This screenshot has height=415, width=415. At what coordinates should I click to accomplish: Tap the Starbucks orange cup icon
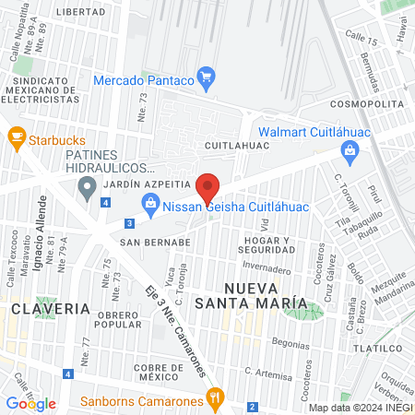point(16,139)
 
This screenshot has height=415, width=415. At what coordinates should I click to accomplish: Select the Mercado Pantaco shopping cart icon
point(207,80)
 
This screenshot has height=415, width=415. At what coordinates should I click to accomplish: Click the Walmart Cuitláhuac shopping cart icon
point(349,150)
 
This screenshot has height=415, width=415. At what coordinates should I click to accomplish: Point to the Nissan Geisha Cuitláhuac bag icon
point(148,203)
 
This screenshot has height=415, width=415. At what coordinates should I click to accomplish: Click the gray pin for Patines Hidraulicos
point(88,190)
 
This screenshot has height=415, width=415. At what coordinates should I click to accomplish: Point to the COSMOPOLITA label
point(367,104)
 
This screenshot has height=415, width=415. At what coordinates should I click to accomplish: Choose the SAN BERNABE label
point(155,242)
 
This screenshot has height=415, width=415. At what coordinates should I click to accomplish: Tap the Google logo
point(30,403)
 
